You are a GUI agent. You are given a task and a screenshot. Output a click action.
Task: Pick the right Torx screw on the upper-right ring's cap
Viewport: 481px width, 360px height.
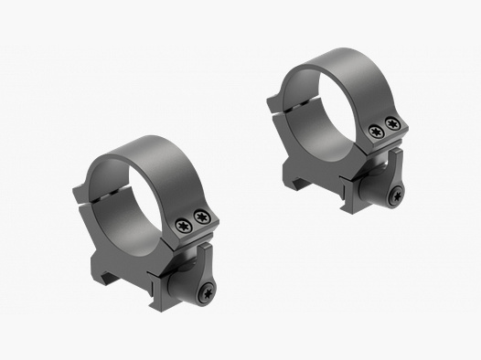393,124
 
